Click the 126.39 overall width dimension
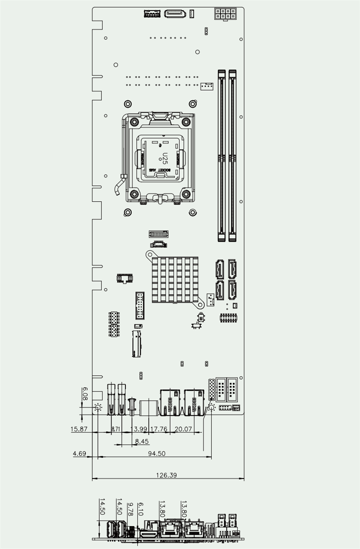click(167, 475)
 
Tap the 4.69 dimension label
click(79, 453)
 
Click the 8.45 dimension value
click(142, 441)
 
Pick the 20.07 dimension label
click(183, 429)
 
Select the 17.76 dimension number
click(159, 429)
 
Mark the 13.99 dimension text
click(139, 429)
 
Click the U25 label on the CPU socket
click(165, 159)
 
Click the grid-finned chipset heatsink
click(176, 280)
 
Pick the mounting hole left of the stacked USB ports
click(97, 408)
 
